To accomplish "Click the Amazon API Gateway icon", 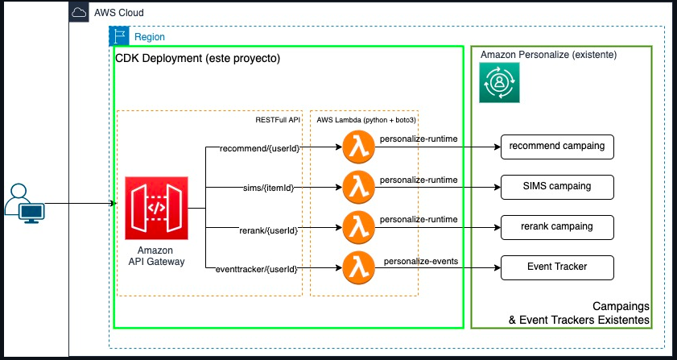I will pos(156,208).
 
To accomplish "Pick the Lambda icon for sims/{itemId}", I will pos(358,188).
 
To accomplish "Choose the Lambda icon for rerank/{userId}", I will pos(358,227).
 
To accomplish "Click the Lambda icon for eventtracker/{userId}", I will pos(358,267).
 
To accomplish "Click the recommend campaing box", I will pos(558,147).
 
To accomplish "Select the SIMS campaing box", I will pos(558,186).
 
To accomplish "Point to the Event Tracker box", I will pos(558,267).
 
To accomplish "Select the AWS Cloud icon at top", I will pos(79,13).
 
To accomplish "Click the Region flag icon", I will pos(118,36).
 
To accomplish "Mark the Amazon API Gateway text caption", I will pos(156,255).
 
